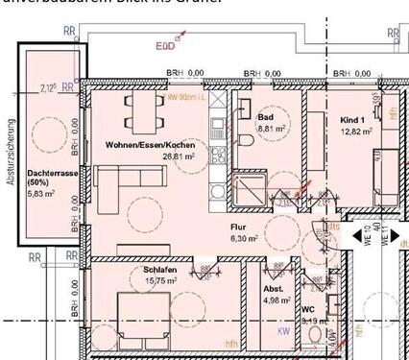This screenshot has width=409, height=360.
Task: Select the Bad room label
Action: tap(265, 117)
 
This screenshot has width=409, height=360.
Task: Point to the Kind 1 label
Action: tap(353, 120)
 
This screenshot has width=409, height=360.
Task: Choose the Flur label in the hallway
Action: tap(238, 228)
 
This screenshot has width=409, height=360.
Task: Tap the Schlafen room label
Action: tap(146, 271)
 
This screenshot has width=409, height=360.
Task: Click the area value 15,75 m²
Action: tap(148, 281)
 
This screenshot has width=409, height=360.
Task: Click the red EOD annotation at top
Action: tap(167, 43)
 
